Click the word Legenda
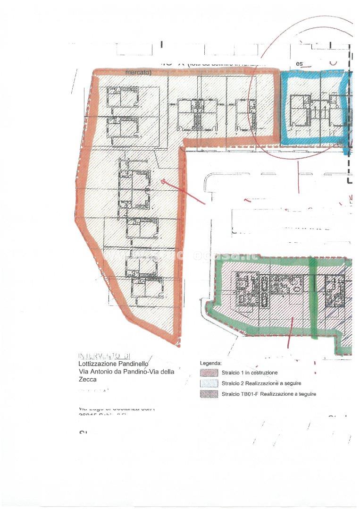210,363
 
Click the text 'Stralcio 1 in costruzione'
250,373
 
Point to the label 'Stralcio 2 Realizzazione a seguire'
261,383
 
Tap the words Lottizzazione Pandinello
113,364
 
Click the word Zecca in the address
88,379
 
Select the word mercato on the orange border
138,73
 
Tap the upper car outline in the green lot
264,284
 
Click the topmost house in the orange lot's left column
122,97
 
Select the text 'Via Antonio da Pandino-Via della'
126,372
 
